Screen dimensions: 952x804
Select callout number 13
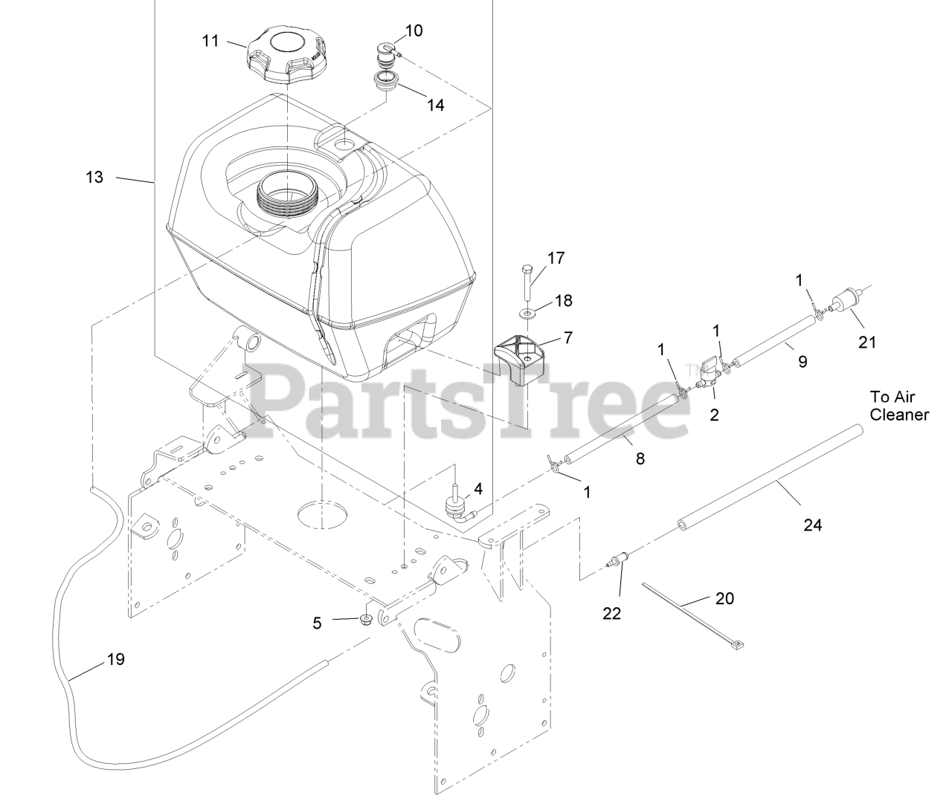point(94,177)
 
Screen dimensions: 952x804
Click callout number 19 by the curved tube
point(115,658)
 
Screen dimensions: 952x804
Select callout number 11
point(210,40)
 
